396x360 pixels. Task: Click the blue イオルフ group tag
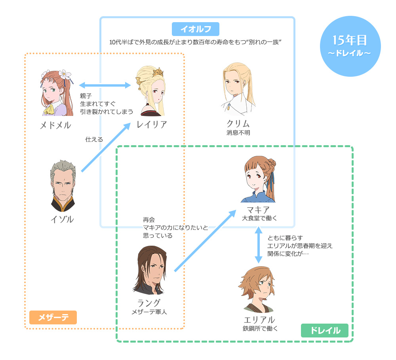196,29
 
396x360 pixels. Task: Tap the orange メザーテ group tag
53,317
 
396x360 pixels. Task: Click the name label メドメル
55,125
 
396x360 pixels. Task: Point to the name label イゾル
63,219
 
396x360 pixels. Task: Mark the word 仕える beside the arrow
94,139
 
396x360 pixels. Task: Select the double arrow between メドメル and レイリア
105,85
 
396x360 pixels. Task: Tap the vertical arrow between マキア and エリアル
258,245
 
